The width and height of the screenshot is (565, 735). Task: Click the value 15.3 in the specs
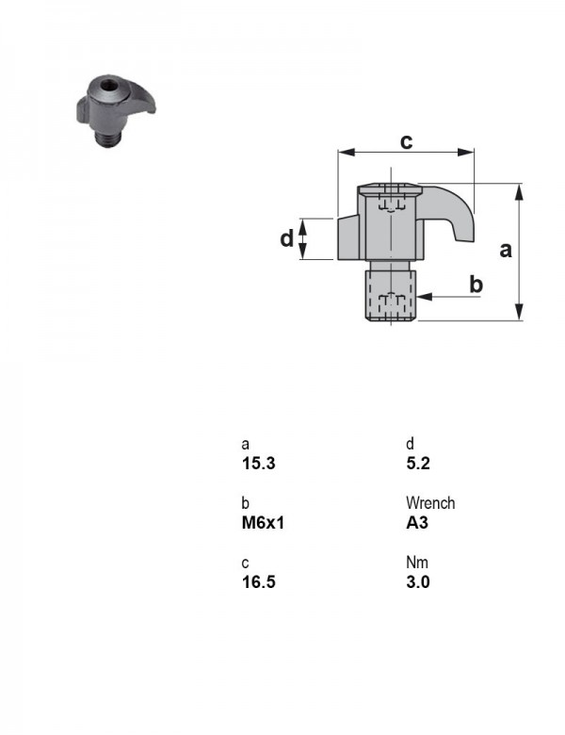pos(258,464)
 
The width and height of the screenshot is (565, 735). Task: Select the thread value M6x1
pos(263,523)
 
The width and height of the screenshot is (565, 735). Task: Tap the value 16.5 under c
pos(258,582)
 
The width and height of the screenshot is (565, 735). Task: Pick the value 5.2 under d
pos(418,464)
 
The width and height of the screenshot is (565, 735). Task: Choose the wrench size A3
pos(417,523)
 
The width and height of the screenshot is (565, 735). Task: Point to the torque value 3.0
pos(418,582)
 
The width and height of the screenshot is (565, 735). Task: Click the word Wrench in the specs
pos(430,503)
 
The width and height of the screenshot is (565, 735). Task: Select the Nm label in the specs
pos(417,562)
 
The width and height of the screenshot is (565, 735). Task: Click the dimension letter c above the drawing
pos(406,141)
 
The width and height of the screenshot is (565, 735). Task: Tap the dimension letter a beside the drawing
pos(506,250)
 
